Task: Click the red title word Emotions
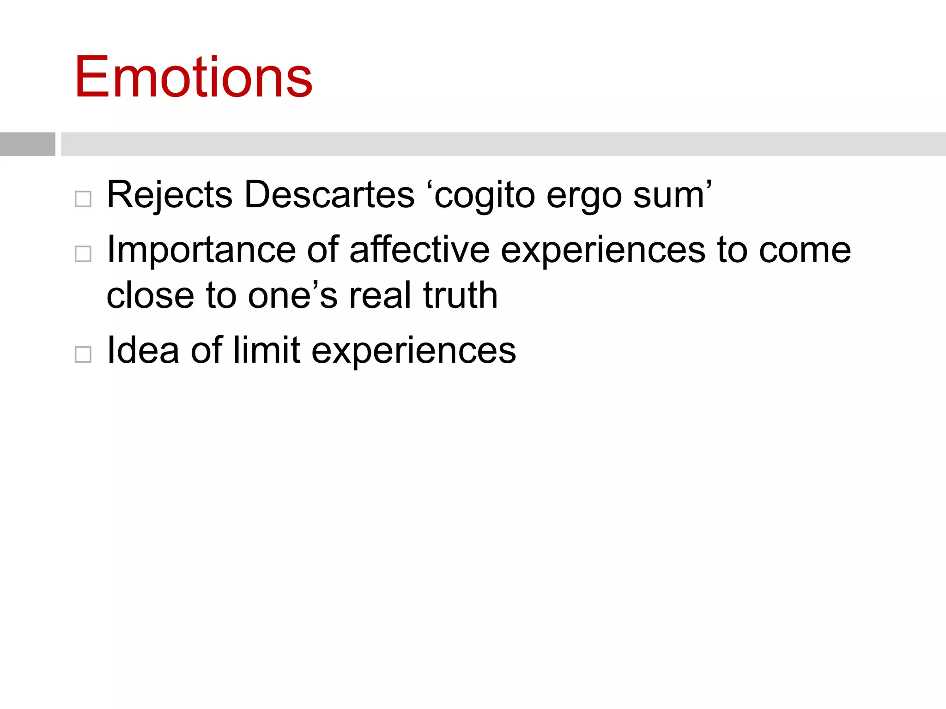click(194, 77)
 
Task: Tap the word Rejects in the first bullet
click(169, 195)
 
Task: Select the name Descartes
click(329, 195)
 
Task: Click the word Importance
click(201, 250)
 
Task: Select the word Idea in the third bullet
click(143, 350)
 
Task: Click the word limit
click(267, 350)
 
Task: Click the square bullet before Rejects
click(83, 199)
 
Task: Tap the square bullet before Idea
click(83, 354)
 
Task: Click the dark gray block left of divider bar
click(28, 144)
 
